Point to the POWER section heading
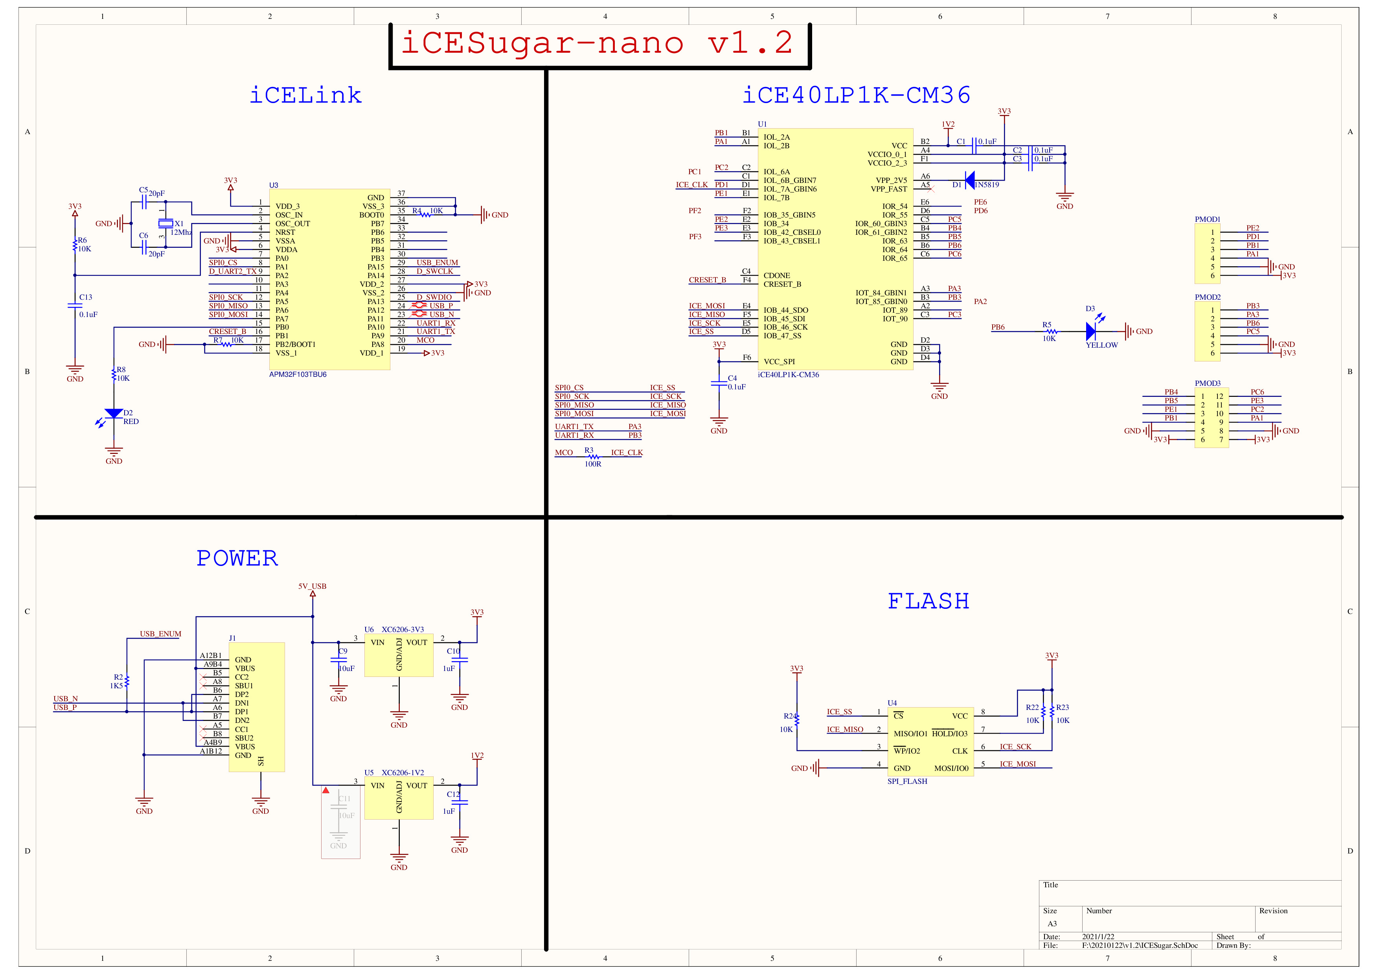coord(237,558)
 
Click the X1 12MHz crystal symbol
coord(165,223)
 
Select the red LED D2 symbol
coord(114,414)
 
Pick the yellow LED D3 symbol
coord(1091,331)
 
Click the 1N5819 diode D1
coord(969,180)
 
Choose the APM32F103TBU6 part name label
coord(298,375)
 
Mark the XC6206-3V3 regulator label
coord(403,630)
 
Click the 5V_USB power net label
coord(312,586)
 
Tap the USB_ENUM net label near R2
coord(160,634)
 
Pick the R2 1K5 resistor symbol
coord(127,681)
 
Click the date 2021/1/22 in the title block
coord(1098,936)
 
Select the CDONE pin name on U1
coord(777,276)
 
